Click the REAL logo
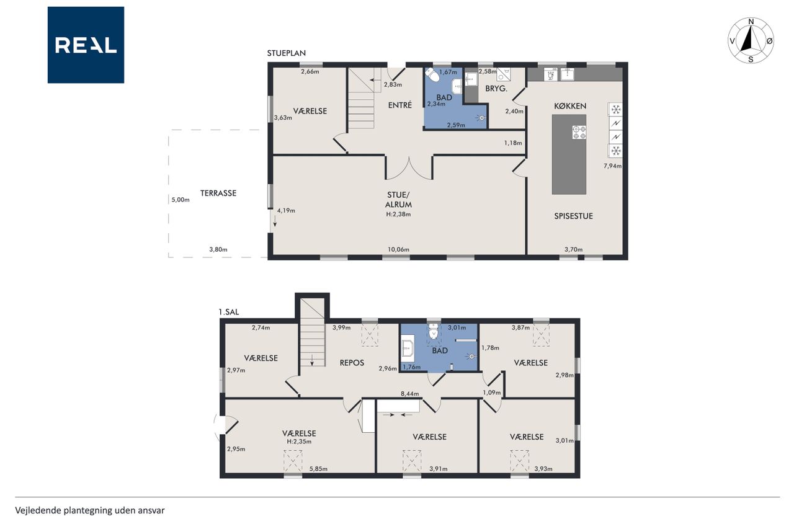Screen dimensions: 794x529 click(86, 45)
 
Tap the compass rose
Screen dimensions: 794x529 click(751, 40)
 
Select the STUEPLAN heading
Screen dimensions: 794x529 click(287, 53)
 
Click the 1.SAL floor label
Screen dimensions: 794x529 click(229, 312)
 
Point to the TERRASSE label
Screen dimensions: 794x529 click(218, 193)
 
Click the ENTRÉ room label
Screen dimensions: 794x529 click(400, 105)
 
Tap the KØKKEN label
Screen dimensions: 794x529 click(570, 106)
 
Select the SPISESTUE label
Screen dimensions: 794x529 click(574, 216)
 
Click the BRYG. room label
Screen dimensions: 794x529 click(496, 89)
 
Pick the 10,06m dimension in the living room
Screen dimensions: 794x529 click(398, 249)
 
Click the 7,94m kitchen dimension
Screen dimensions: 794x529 click(612, 166)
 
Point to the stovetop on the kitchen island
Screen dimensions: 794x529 click(579, 132)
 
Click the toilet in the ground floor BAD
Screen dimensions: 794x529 click(432, 75)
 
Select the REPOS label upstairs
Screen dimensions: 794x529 click(352, 363)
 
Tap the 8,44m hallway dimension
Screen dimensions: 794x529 click(410, 394)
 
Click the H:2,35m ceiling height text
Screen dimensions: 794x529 click(299, 442)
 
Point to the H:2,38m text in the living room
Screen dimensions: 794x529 click(398, 214)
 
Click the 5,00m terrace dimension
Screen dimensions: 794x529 click(181, 200)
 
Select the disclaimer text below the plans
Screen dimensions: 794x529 click(90, 510)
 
